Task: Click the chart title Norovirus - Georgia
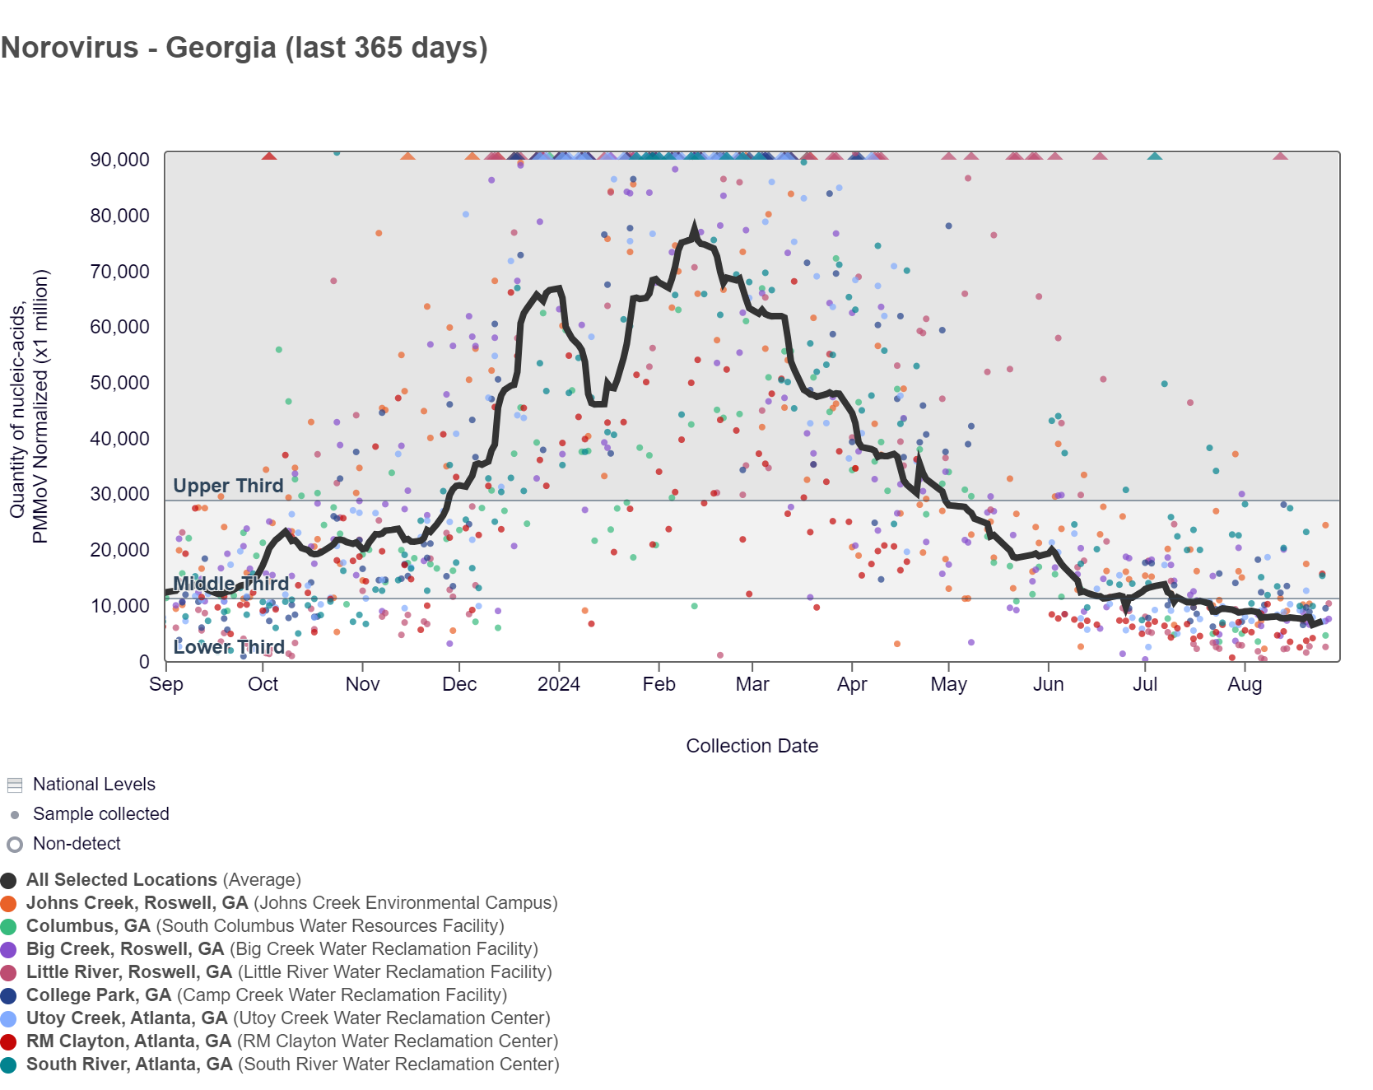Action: [244, 48]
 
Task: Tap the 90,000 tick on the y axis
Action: [120, 160]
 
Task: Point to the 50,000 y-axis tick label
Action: [120, 383]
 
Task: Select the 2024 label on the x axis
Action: [559, 684]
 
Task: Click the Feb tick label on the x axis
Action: [659, 684]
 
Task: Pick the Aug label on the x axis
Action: [1245, 684]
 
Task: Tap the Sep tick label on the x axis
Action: [166, 684]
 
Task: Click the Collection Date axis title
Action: [752, 746]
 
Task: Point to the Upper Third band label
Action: [228, 486]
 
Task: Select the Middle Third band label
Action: [230, 584]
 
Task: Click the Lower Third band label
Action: [229, 647]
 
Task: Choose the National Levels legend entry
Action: [94, 785]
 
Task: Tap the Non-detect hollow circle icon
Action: [15, 845]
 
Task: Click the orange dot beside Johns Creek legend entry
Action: [9, 903]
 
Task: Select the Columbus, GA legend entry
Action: [88, 926]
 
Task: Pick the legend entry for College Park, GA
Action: [99, 995]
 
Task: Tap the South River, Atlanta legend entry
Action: [129, 1064]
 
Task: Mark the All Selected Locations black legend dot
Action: [9, 880]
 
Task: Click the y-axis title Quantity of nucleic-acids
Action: [28, 407]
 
